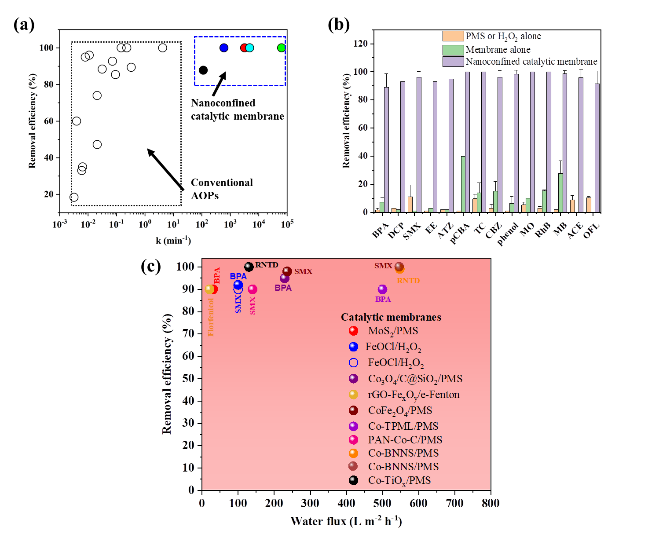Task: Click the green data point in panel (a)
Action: (282, 48)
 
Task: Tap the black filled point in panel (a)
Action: (203, 70)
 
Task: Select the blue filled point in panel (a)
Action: (224, 48)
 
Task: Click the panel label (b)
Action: (339, 25)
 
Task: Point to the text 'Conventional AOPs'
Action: (222, 189)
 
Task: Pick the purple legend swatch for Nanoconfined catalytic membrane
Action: (453, 62)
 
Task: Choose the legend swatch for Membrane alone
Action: (453, 50)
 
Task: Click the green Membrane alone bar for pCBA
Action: (463, 184)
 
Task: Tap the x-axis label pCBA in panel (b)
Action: (460, 233)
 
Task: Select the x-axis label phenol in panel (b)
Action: (508, 234)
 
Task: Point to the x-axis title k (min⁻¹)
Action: (173, 240)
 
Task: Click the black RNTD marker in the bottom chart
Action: (249, 267)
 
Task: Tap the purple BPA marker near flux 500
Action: (382, 289)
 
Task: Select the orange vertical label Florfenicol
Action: (211, 317)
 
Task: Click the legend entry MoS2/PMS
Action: (392, 331)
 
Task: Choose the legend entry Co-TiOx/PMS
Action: (399, 480)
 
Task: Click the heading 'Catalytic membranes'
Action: (391, 317)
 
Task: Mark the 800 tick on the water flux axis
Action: (491, 503)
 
